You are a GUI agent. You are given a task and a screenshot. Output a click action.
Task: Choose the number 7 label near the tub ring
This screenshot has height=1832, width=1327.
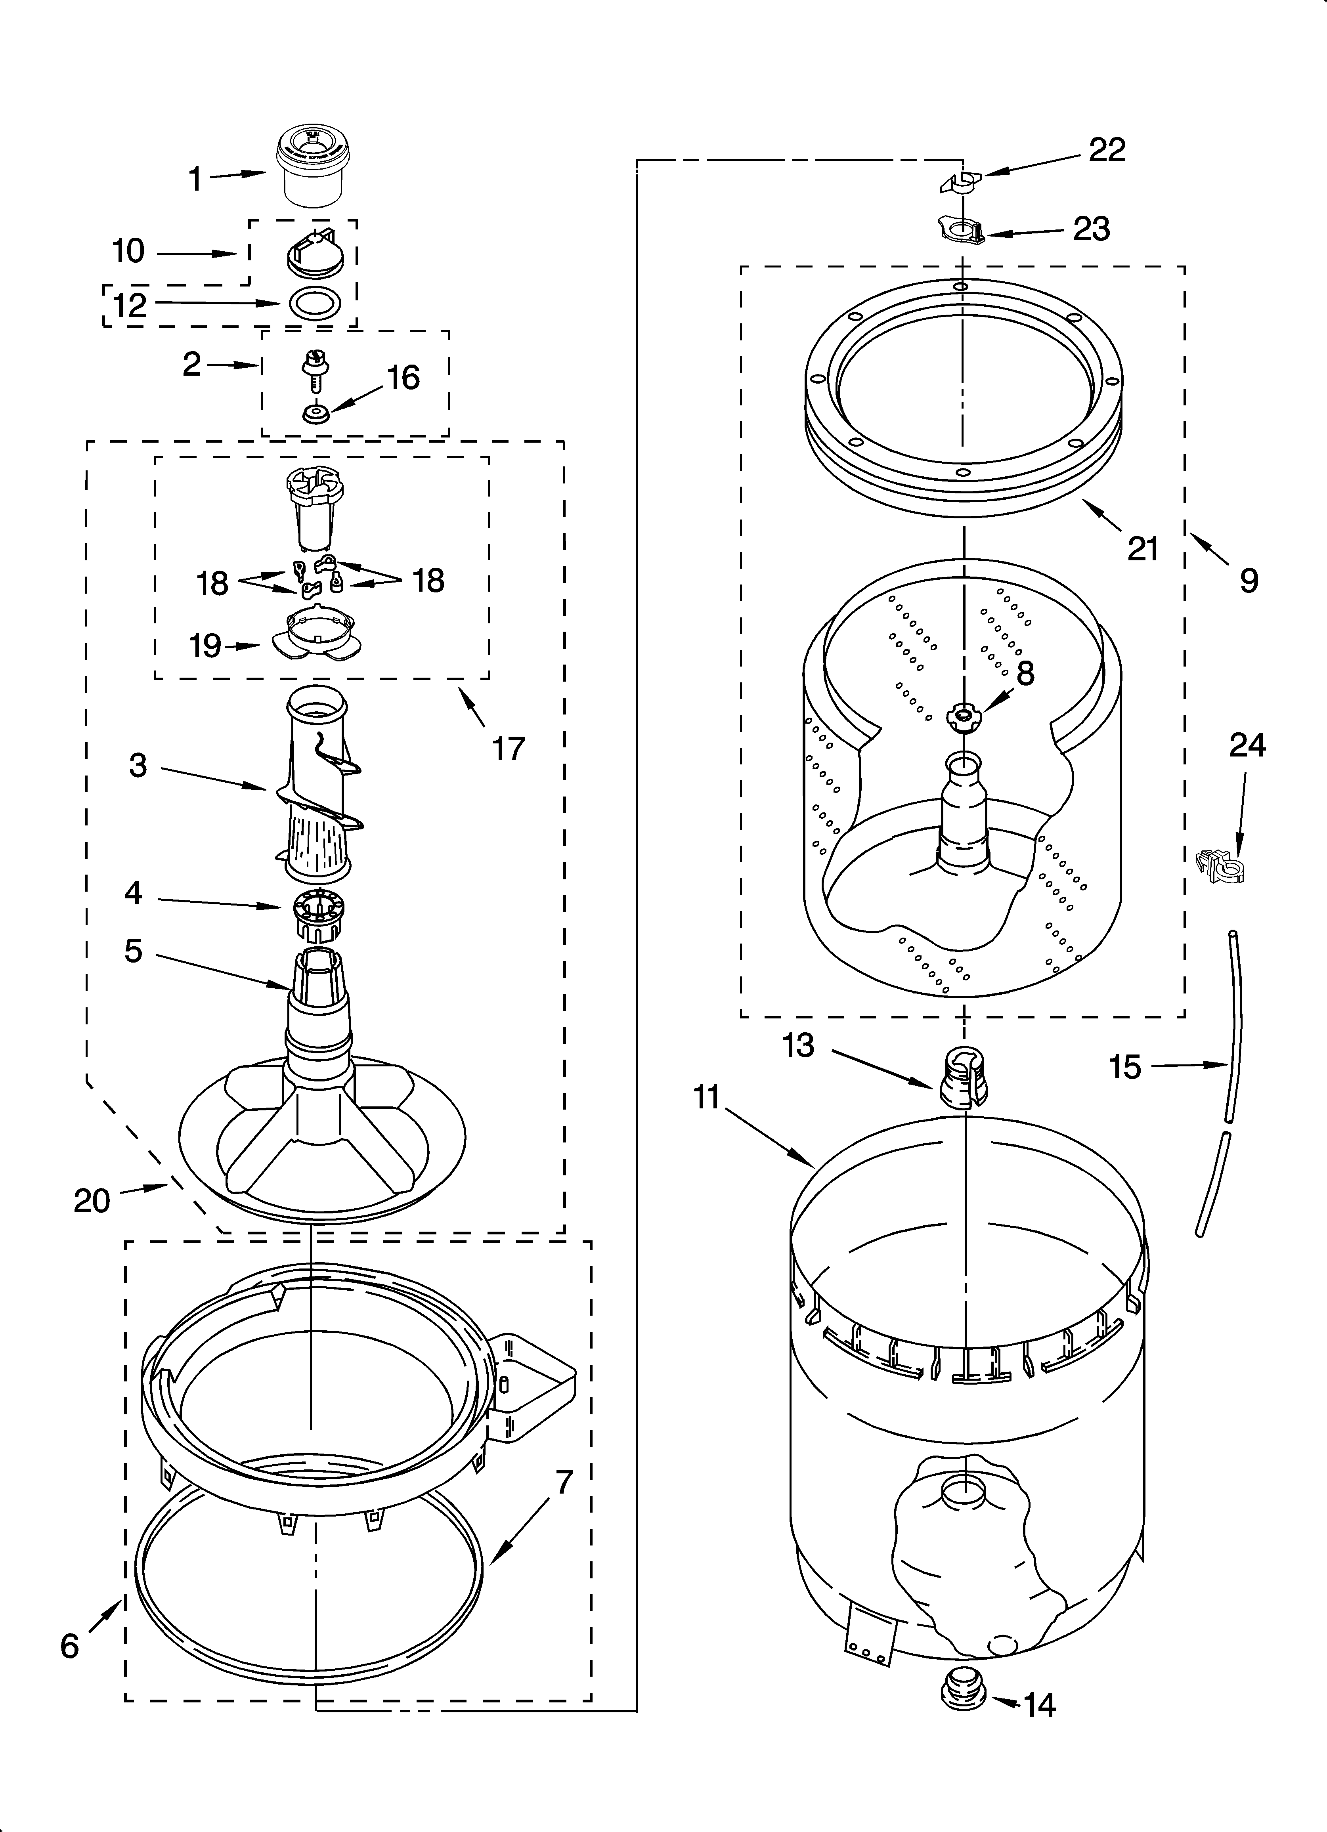click(x=563, y=1482)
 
